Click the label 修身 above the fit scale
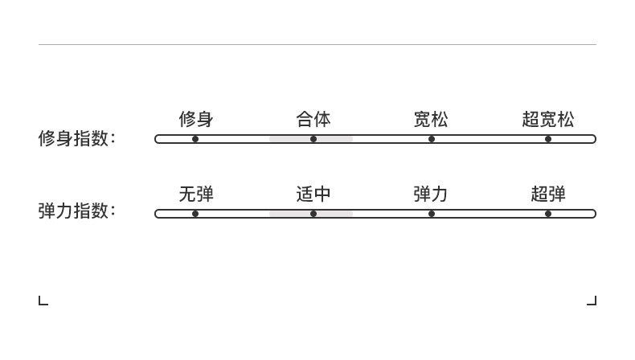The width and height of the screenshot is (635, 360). tap(195, 120)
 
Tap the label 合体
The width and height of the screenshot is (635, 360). tap(313, 120)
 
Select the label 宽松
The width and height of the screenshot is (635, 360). tap(431, 120)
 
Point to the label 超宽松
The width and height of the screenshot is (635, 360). tap(548, 120)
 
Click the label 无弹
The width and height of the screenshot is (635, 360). tap(195, 194)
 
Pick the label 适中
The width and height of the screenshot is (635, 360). tap(313, 194)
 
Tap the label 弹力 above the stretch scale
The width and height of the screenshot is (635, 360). tap(431, 194)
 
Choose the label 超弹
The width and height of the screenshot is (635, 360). tap(548, 194)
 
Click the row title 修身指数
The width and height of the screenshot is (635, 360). tap(76, 138)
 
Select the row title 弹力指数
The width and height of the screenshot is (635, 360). tap(76, 211)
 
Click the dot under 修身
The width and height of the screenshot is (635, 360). tap(195, 139)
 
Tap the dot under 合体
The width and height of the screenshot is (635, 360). tap(313, 139)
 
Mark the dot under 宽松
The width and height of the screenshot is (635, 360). tap(432, 139)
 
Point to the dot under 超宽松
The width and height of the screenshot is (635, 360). tap(548, 139)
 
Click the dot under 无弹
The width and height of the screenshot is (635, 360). tap(195, 214)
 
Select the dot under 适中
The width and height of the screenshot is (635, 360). tap(313, 214)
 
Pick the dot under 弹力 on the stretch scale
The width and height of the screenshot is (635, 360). tap(432, 214)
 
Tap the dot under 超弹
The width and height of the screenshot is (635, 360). tap(548, 214)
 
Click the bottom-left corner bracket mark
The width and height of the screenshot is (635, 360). tap(43, 301)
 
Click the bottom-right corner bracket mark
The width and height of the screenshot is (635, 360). tap(592, 301)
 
